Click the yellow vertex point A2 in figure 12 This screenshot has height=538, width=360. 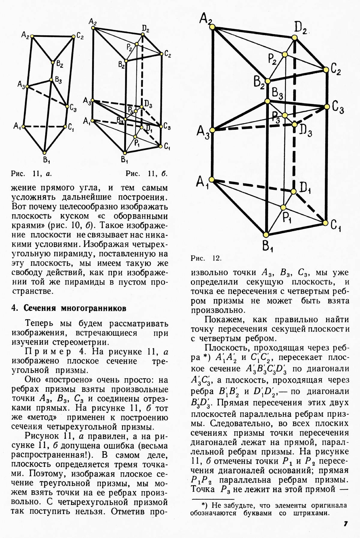(x=212, y=27)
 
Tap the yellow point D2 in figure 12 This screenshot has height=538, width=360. (x=295, y=37)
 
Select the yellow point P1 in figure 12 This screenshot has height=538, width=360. (x=283, y=207)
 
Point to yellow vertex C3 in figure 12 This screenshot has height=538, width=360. (x=326, y=107)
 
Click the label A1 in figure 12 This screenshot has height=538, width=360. (x=202, y=182)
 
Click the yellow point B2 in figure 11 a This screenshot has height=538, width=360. (x=53, y=62)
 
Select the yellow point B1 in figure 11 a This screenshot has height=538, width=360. (x=44, y=152)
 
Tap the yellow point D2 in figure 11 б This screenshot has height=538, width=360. (x=143, y=34)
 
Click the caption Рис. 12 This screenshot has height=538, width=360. (x=206, y=258)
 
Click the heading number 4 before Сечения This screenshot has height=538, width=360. (x=13, y=308)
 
